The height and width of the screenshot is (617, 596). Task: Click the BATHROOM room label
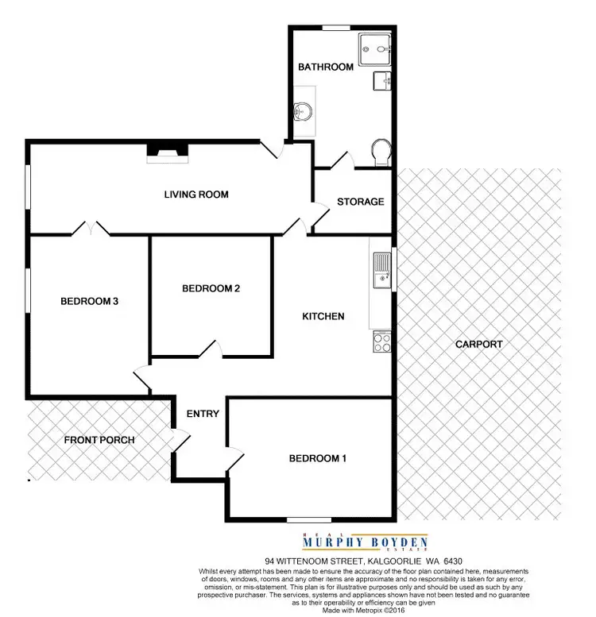[325, 67]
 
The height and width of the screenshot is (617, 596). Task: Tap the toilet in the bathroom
[381, 152]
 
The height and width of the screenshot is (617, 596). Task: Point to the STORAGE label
[360, 202]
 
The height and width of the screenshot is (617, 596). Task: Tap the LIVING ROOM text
[196, 195]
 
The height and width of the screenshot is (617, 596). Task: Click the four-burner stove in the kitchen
[381, 342]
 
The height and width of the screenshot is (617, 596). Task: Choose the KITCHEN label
[323, 316]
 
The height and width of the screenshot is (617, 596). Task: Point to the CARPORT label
[478, 344]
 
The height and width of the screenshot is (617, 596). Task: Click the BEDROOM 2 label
[211, 288]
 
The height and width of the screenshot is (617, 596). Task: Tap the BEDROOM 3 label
[89, 301]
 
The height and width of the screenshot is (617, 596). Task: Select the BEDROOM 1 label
[317, 458]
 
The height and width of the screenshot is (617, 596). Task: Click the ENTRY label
[203, 414]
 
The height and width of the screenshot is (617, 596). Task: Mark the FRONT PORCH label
[99, 440]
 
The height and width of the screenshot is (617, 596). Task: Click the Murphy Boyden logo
[366, 542]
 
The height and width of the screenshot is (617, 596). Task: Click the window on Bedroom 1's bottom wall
[308, 520]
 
